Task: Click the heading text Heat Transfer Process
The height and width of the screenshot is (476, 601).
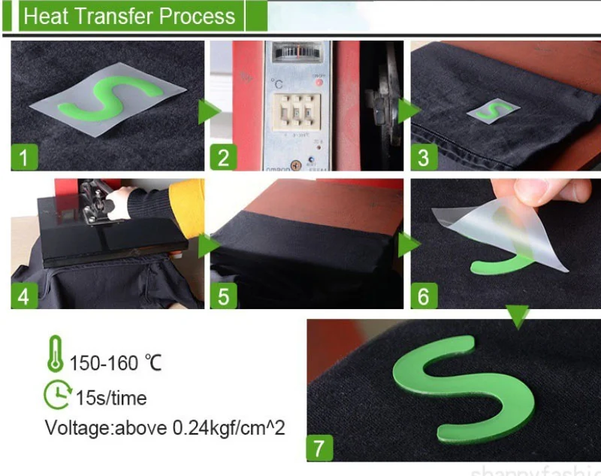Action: (128, 16)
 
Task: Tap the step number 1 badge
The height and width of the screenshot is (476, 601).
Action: (24, 158)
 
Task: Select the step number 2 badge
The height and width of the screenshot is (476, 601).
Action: (223, 158)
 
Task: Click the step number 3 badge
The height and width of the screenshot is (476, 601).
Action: (424, 158)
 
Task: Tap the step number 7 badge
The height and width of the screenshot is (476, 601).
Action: (319, 449)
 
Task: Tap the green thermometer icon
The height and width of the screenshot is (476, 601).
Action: (55, 354)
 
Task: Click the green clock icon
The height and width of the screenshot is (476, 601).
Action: (56, 394)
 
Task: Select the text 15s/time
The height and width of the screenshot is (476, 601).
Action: (111, 398)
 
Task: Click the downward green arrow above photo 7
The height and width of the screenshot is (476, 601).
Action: (517, 317)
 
